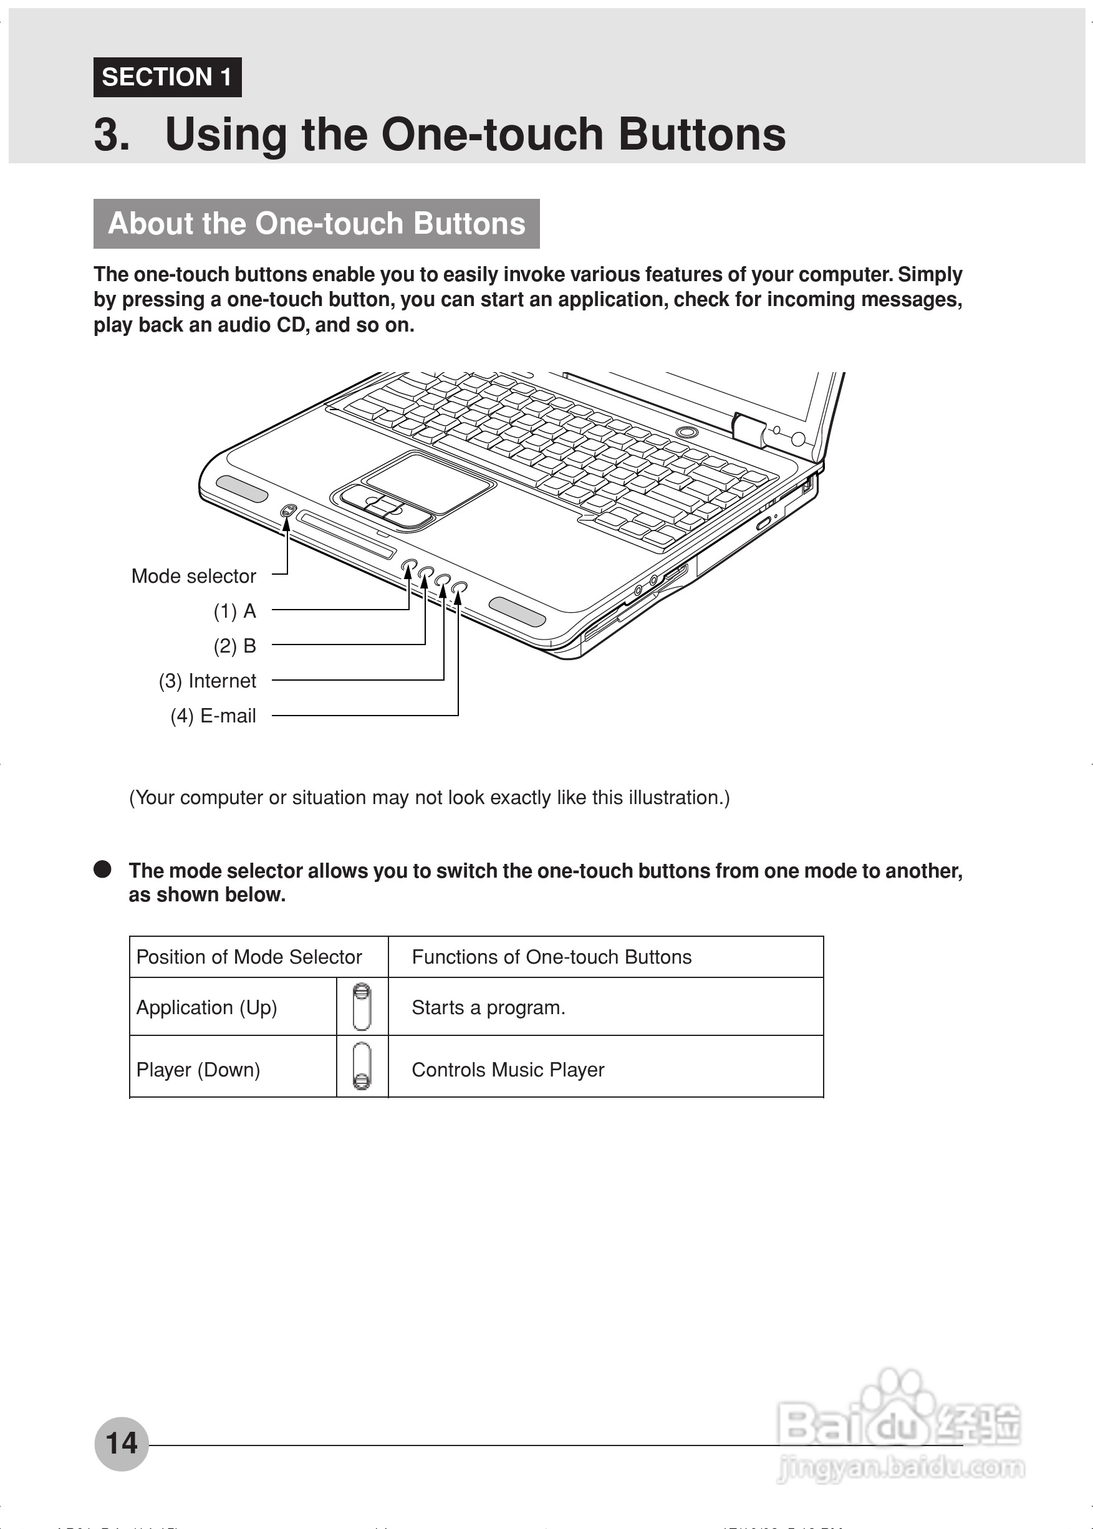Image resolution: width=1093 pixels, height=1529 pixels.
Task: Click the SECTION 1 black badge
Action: pos(167,77)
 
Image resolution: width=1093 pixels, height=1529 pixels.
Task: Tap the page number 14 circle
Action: pos(121,1443)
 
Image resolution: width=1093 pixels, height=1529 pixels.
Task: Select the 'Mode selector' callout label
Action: pos(193,577)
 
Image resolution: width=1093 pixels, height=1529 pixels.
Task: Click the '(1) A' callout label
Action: pos(235,611)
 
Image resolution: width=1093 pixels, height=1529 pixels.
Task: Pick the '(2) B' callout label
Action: pos(235,646)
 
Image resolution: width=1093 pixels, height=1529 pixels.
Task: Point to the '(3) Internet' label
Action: pos(207,681)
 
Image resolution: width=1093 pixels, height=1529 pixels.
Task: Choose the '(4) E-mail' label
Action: pos(213,716)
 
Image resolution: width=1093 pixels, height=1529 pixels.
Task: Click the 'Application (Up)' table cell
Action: pos(206,1008)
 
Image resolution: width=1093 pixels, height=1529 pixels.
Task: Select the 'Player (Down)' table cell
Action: pos(198,1070)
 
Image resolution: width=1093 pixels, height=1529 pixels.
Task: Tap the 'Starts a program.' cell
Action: pos(488,1008)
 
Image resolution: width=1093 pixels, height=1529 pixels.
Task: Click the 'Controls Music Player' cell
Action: pos(508,1070)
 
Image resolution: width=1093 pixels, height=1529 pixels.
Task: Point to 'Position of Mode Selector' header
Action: pos(249,957)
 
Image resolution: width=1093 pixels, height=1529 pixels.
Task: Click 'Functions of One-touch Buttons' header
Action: pos(551,957)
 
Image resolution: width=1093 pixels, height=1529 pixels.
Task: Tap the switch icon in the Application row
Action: pos(362,1007)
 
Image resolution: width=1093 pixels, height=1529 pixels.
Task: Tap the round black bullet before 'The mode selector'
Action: pos(102,869)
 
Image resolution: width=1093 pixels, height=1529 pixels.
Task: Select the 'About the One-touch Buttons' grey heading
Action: pos(316,224)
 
